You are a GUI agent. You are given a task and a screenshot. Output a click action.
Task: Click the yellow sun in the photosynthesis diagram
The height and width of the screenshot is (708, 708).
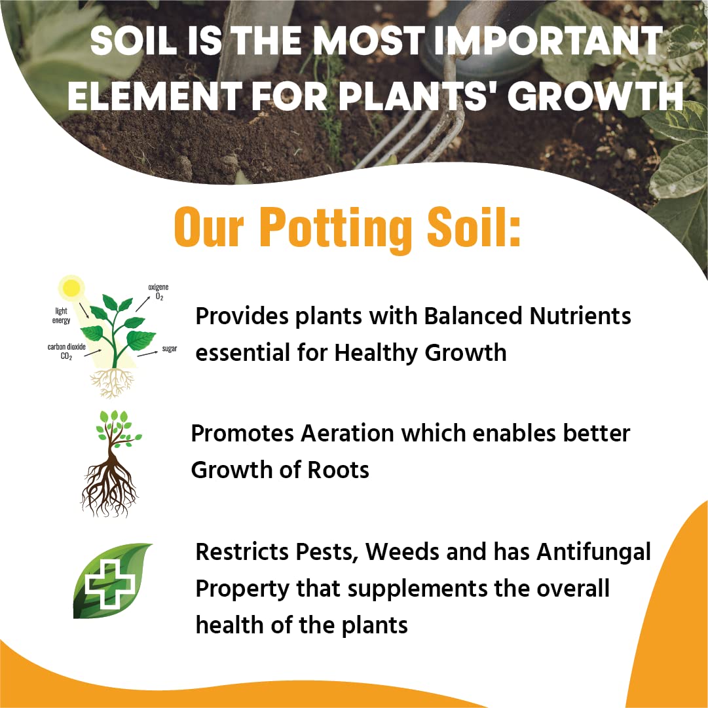(x=71, y=288)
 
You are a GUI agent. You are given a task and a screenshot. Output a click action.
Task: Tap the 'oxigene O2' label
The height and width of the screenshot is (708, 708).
(x=158, y=291)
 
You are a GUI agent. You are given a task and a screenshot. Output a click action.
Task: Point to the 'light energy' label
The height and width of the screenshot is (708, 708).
(x=62, y=316)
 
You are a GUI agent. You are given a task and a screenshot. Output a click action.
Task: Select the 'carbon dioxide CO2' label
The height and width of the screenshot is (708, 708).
(x=66, y=351)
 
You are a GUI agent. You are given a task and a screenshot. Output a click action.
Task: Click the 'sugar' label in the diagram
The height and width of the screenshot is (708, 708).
(x=170, y=348)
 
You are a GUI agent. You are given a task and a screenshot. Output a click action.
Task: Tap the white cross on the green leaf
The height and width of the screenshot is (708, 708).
(x=110, y=584)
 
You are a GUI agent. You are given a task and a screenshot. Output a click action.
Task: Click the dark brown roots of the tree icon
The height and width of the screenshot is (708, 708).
(x=110, y=489)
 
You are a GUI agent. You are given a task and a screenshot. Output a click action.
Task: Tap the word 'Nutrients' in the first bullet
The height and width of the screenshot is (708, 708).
(x=580, y=316)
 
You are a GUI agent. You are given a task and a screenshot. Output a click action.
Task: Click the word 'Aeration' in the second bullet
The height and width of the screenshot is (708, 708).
(x=347, y=433)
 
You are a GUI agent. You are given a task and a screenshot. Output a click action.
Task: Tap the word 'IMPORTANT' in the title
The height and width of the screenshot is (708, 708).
(x=548, y=41)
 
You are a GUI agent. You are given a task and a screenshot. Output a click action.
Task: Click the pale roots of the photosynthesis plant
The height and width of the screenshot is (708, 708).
(x=112, y=383)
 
